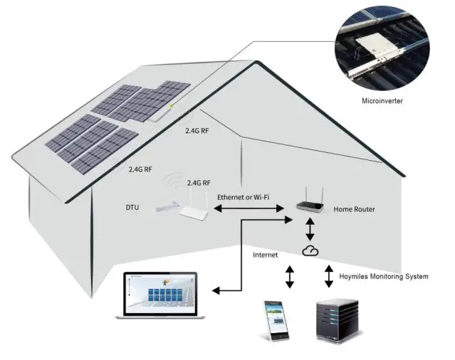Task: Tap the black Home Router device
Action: [311, 206]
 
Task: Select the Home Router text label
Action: [355, 209]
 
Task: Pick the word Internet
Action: [267, 254]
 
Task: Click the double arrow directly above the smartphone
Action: [289, 277]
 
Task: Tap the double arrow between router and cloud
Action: [310, 230]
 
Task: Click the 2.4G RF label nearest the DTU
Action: [199, 183]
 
